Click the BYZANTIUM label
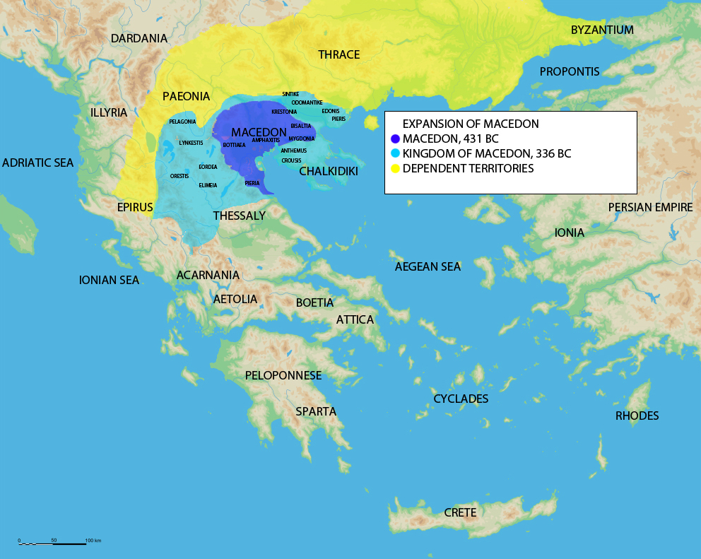(602, 30)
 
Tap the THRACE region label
(338, 54)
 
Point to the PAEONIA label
(187, 95)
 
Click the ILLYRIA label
(109, 112)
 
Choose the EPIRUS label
(135, 208)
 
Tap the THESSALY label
(239, 216)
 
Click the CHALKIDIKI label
(329, 172)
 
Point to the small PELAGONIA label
(182, 122)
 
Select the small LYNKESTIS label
(191, 143)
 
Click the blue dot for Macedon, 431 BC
(395, 139)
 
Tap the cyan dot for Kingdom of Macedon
(395, 153)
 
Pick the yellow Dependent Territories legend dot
(395, 168)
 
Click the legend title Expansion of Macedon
(471, 124)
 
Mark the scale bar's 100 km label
(93, 541)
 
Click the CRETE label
(460, 512)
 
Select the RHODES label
(637, 416)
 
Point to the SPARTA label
(316, 411)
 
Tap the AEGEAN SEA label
(428, 266)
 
